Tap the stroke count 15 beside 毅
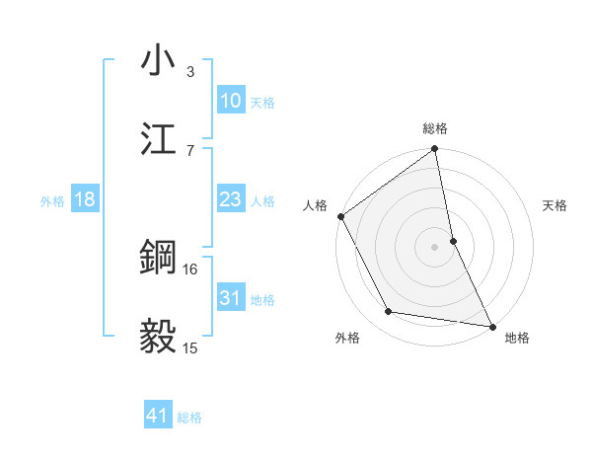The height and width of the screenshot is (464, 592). (190, 348)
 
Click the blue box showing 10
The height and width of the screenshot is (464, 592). (230, 101)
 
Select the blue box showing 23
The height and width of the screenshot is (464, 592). (230, 199)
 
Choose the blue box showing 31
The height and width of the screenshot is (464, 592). (230, 298)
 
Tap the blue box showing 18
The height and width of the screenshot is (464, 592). (85, 199)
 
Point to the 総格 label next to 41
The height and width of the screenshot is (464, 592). (189, 418)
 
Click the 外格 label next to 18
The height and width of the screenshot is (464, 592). (52, 200)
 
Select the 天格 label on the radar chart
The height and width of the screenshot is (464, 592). (555, 206)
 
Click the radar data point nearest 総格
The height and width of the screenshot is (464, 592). (435, 150)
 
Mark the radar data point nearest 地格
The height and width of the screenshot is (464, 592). (491, 326)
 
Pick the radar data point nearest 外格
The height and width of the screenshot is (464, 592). (389, 312)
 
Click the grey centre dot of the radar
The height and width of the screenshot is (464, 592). (435, 247)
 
